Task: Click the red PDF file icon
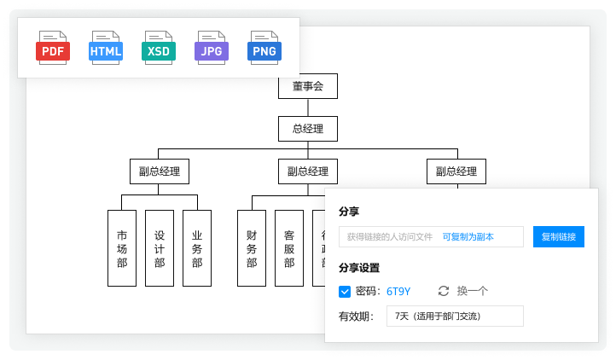click(53, 48)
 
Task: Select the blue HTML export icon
click(106, 48)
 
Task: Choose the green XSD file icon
click(159, 48)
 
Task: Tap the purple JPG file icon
click(212, 48)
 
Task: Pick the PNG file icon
click(264, 48)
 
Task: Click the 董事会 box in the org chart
click(308, 86)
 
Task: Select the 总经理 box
click(308, 130)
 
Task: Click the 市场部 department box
click(122, 248)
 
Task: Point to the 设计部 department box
click(160, 248)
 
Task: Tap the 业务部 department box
click(196, 248)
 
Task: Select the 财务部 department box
click(252, 248)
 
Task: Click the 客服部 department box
click(289, 248)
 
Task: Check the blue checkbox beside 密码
click(345, 292)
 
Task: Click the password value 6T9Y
click(398, 292)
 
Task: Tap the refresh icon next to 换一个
click(443, 292)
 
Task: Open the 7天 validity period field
click(455, 316)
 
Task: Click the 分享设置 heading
click(358, 267)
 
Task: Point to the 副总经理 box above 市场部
click(160, 171)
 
